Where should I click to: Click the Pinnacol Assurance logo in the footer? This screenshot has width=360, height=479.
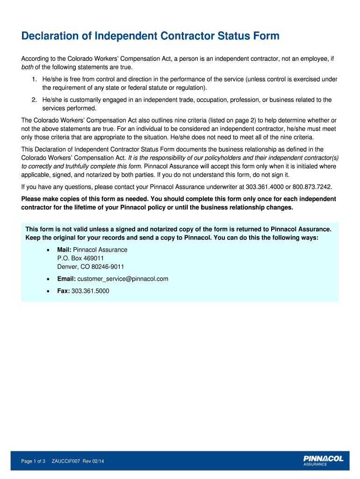click(x=323, y=461)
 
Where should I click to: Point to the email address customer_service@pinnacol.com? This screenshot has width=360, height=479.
click(x=123, y=279)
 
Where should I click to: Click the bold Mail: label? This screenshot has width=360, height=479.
click(x=65, y=250)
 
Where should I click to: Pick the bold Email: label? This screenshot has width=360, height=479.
click(x=66, y=279)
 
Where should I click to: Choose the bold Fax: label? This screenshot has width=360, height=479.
click(x=64, y=291)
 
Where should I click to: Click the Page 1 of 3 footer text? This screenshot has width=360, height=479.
click(x=33, y=462)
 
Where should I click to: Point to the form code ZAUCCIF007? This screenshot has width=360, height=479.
click(x=66, y=462)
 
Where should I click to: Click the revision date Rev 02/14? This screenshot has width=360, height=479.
click(x=94, y=462)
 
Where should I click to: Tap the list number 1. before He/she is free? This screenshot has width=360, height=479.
click(x=35, y=80)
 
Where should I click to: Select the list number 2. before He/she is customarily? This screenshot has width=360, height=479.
click(x=35, y=100)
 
